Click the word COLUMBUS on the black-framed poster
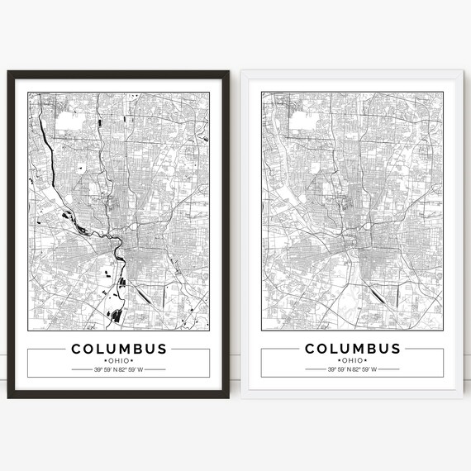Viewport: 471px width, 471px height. click(118, 348)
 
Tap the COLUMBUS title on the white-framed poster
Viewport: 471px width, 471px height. click(353, 348)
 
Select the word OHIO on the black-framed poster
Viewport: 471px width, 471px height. click(118, 360)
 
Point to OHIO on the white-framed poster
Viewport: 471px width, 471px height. click(353, 360)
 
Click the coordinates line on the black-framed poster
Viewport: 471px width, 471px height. click(118, 369)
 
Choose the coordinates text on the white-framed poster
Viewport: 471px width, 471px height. click(353, 369)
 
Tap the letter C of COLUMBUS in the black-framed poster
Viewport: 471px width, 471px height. click(77, 348)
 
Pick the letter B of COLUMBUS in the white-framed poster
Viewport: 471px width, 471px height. click(369, 348)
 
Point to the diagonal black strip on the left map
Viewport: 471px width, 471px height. click(142, 292)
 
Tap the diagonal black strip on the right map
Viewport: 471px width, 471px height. click(377, 292)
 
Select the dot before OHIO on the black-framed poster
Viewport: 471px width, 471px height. click(105, 360)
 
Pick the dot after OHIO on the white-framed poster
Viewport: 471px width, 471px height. click(366, 360)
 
